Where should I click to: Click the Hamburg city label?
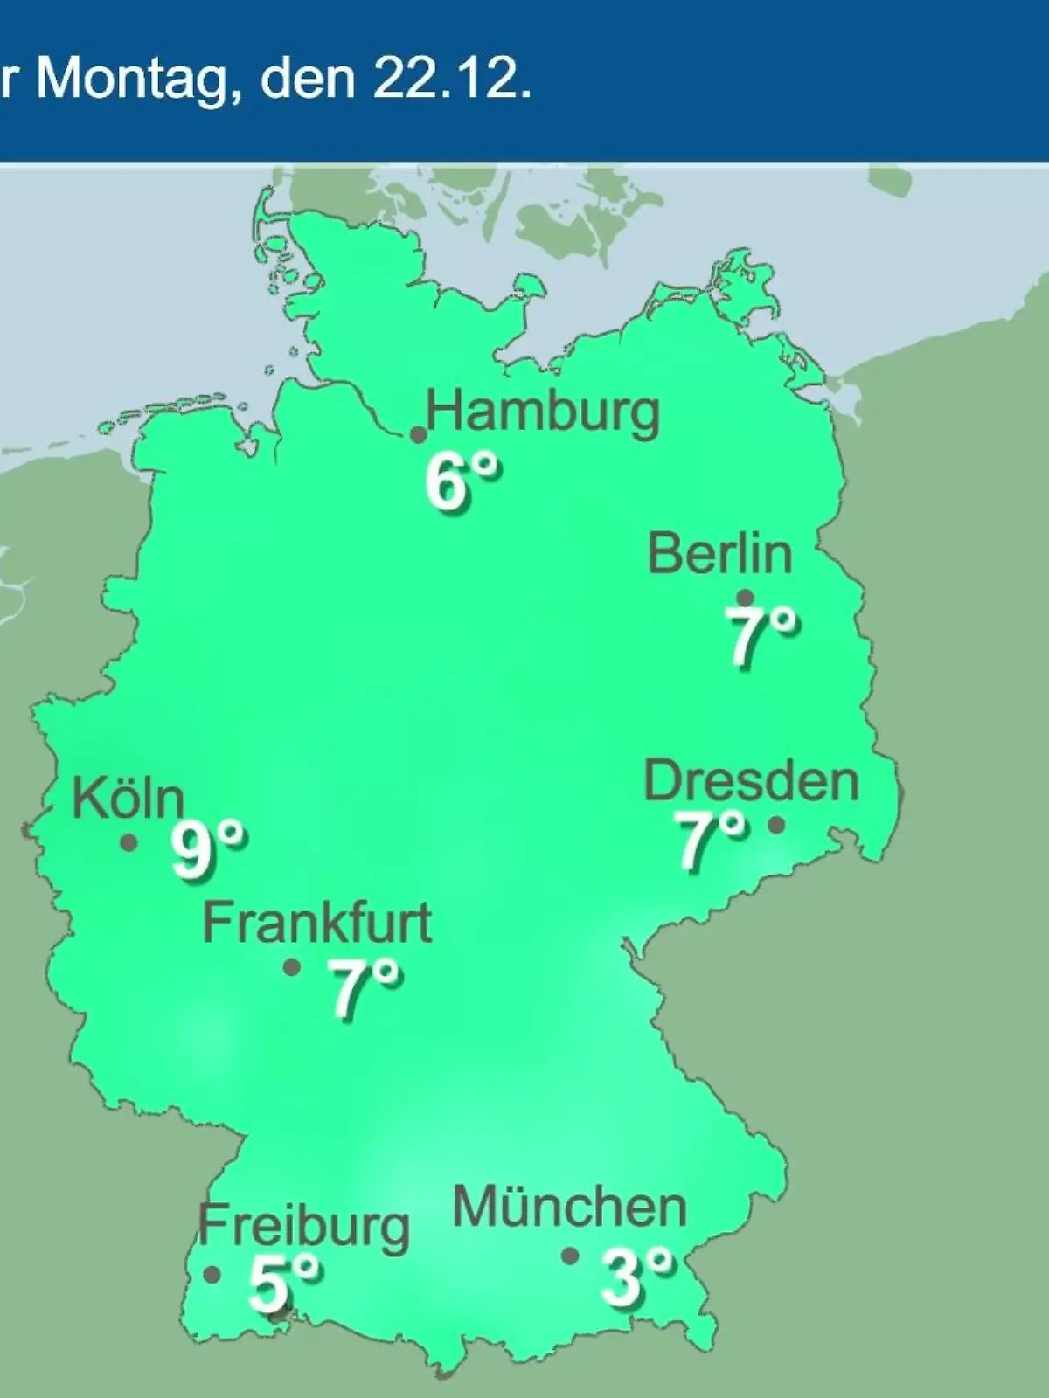point(543,412)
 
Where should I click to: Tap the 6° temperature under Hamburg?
point(462,483)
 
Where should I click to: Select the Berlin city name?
point(719,554)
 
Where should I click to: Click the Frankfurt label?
point(317,924)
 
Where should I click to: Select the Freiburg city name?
point(303,1225)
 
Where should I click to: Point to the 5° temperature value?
point(283,1281)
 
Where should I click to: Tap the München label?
point(569,1208)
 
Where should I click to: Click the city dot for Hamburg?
point(419,434)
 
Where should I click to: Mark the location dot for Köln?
point(129,843)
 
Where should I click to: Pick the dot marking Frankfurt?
point(292,967)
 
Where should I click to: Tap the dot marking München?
point(570,1256)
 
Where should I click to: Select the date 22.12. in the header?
point(451,80)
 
